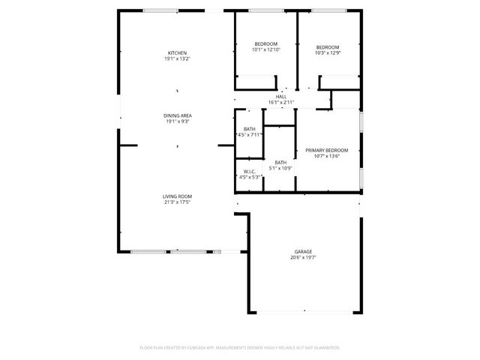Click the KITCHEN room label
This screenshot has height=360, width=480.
pyautogui.click(x=177, y=52)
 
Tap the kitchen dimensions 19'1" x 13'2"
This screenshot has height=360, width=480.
pyautogui.click(x=177, y=58)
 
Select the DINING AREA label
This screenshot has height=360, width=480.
pyautogui.click(x=177, y=115)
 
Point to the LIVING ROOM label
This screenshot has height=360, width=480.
pyautogui.click(x=177, y=196)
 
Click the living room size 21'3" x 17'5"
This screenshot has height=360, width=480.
pyautogui.click(x=177, y=202)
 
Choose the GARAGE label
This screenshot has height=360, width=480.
pyautogui.click(x=303, y=252)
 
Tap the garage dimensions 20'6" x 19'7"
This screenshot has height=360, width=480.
pyautogui.click(x=303, y=258)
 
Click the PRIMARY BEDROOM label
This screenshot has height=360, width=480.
pyautogui.click(x=327, y=151)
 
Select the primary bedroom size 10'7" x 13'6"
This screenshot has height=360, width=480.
pyautogui.click(x=327, y=157)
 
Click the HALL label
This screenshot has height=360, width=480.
pyautogui.click(x=281, y=97)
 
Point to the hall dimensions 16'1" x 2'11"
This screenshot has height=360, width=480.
pyautogui.click(x=281, y=103)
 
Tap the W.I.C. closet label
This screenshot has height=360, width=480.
pyautogui.click(x=249, y=171)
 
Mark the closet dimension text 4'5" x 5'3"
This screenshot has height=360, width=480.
pyautogui.click(x=249, y=177)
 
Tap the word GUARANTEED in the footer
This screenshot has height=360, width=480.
pyautogui.click(x=324, y=348)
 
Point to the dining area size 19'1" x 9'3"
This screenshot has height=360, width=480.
pyautogui.click(x=177, y=121)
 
